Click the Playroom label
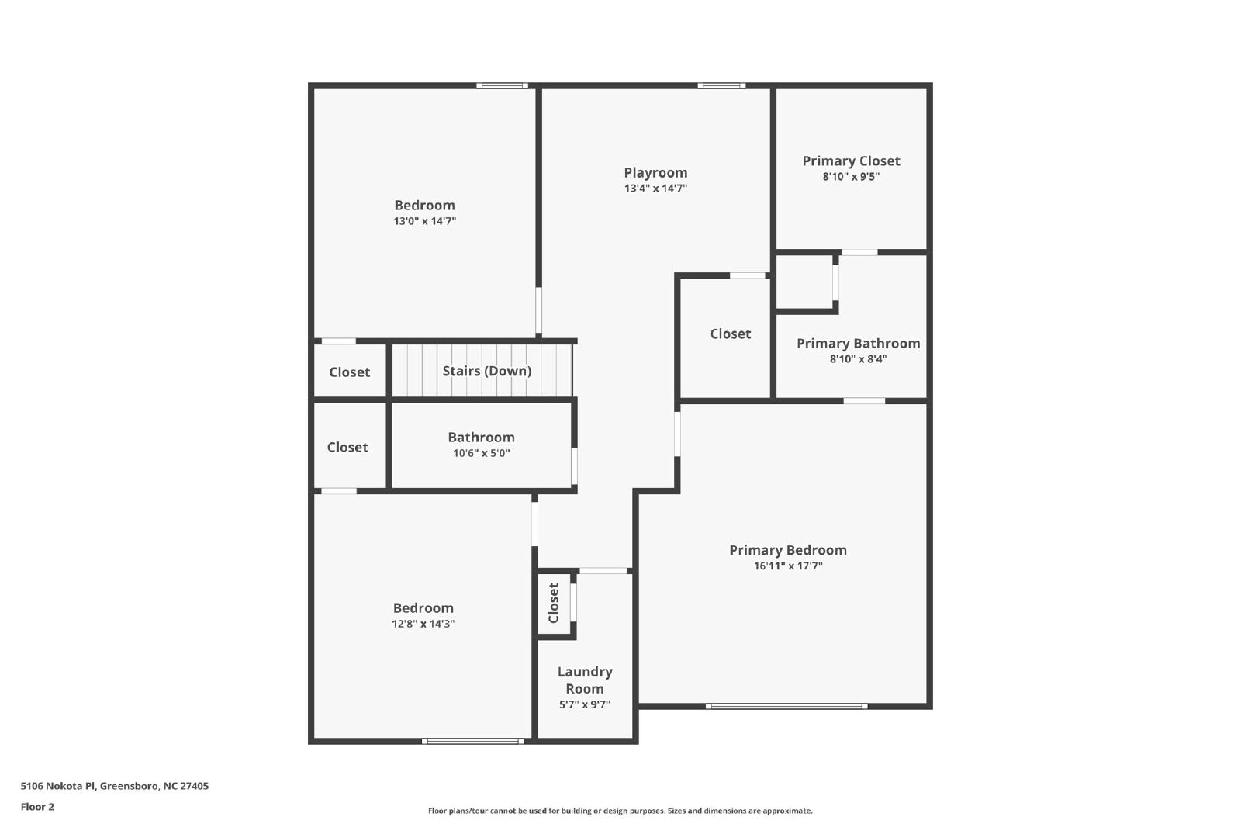[655, 173]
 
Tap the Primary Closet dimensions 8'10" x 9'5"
[851, 177]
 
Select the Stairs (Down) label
[487, 371]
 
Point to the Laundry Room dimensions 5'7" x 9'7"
[585, 704]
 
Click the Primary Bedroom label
[788, 550]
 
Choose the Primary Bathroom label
[858, 344]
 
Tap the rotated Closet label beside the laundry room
[554, 603]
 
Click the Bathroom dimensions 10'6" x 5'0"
[482, 453]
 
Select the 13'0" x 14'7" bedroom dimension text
[425, 221]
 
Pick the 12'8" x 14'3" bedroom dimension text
[423, 624]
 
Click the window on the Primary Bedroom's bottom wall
[786, 706]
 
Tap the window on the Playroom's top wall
[721, 86]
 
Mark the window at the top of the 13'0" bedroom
[502, 86]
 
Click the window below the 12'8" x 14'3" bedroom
[472, 741]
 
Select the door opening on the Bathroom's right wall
[575, 466]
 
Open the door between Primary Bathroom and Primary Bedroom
[864, 401]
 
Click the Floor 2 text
[38, 807]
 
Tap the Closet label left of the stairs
[350, 372]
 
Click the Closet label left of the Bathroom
[347, 448]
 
